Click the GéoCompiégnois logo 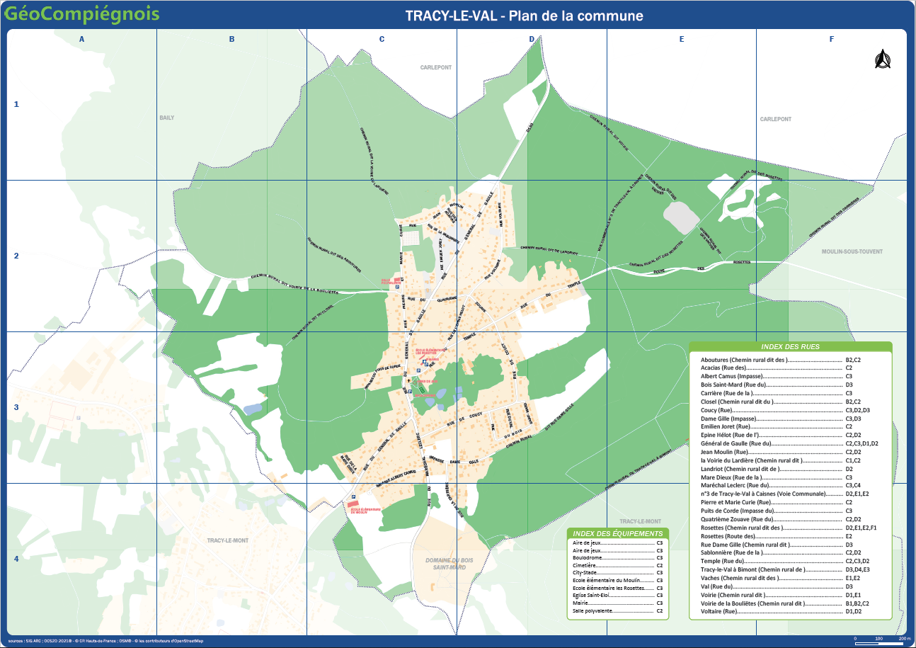81,14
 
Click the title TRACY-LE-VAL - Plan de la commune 524,16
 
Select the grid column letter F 832,40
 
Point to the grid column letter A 82,40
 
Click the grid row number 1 17,105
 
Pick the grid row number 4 17,559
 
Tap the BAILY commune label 166,118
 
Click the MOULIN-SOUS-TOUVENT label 857,251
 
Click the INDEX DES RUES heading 790,347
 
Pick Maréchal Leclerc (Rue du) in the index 729,485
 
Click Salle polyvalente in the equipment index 593,610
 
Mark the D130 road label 529,127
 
